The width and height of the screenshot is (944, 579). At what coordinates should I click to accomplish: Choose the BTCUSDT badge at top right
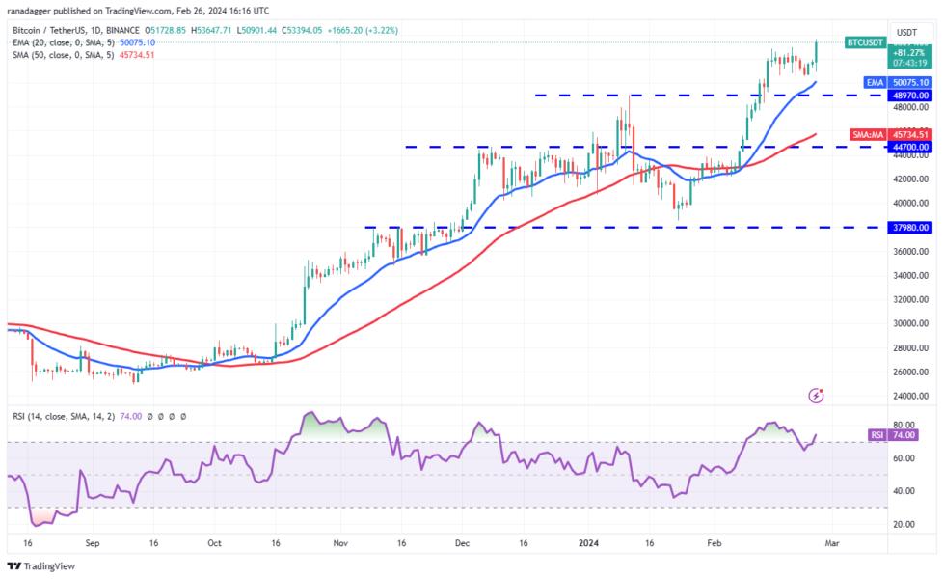[x=864, y=42]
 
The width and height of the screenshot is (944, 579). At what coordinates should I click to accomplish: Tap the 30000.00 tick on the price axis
[x=910, y=324]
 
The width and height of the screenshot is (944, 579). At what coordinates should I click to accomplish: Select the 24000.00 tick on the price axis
[x=910, y=397]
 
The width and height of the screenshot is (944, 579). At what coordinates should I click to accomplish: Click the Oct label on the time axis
[x=214, y=543]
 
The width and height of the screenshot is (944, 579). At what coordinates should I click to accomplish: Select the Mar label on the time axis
[x=832, y=543]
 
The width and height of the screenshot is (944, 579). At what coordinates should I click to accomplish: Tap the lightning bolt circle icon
[x=817, y=396]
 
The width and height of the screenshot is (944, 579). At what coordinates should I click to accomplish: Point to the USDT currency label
[x=906, y=32]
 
